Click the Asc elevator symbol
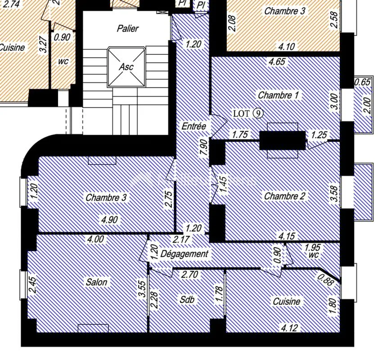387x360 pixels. point(126,67)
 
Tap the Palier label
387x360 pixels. point(128,28)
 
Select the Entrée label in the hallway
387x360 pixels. point(194,126)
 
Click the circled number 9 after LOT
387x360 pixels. point(258,114)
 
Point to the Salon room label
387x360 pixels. point(96,282)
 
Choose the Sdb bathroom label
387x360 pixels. point(187,300)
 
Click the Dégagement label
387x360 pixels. point(184,254)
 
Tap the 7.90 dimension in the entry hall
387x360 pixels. point(205,147)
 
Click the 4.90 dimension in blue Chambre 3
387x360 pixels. point(110,219)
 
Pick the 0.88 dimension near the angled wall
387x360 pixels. point(325,280)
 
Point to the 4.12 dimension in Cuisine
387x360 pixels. point(289,328)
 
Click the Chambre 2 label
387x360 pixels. point(284,196)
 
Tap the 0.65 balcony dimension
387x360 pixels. point(363,82)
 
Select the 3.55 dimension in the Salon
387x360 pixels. point(142,292)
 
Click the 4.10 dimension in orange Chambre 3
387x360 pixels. point(287,47)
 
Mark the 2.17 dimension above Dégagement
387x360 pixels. point(181,239)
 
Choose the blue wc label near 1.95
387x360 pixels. point(314,255)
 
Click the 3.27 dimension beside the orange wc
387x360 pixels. point(43,45)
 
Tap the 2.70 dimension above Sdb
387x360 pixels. point(189,274)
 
